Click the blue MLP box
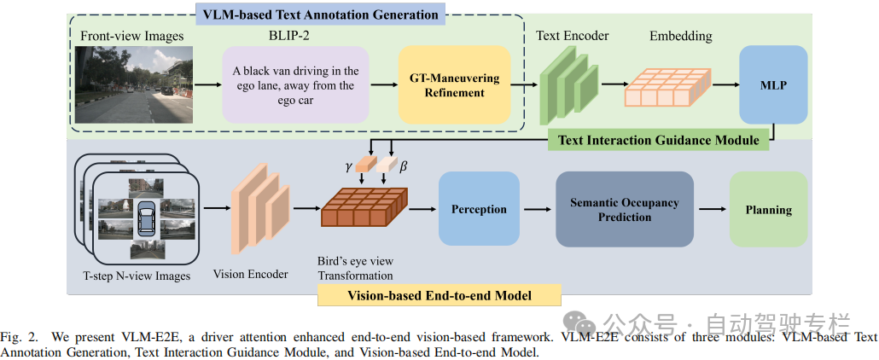click(x=773, y=84)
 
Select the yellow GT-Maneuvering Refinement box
click(x=454, y=84)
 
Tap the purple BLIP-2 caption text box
click(x=295, y=84)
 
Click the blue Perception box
click(x=479, y=209)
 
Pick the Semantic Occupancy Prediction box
click(x=624, y=210)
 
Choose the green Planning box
click(x=768, y=210)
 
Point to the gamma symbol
click(x=348, y=166)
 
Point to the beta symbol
click(x=404, y=167)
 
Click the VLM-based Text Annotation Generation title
click(x=320, y=14)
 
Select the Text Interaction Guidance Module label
click(x=658, y=140)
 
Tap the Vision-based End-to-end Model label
click(x=439, y=295)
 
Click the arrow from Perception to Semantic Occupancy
click(x=536, y=209)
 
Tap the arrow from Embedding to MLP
click(x=724, y=84)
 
